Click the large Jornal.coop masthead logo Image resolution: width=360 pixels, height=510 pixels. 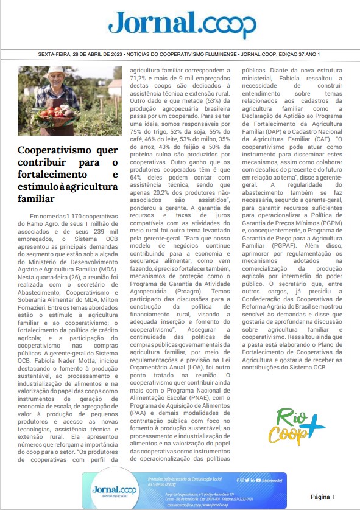pyautogui.click(x=182, y=25)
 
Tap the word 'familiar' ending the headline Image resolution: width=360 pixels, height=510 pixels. pyautogui.click(x=35, y=198)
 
